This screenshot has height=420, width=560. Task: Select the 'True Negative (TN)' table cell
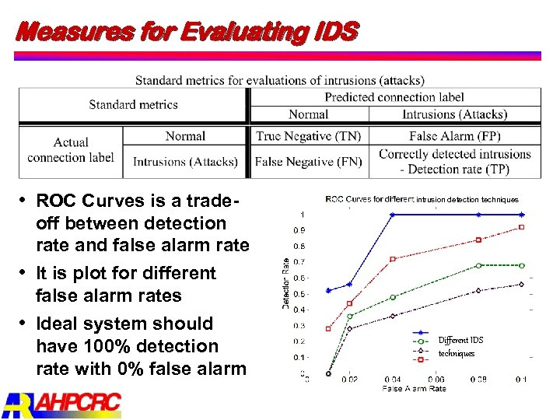(308, 136)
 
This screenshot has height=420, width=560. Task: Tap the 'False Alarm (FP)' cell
(454, 136)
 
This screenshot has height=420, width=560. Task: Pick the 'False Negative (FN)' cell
(308, 162)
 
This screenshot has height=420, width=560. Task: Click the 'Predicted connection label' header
(394, 97)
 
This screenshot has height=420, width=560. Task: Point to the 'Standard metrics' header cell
(133, 105)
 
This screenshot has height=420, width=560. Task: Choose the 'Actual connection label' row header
(71, 149)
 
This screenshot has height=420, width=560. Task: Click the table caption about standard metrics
(279, 80)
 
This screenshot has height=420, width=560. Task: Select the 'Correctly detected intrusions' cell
(454, 154)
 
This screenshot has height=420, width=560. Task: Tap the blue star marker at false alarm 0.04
(393, 214)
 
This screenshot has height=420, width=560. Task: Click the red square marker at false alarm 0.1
(522, 227)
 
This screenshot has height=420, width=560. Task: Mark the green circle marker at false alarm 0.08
(479, 265)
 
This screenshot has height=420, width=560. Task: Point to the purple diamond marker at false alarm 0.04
(393, 316)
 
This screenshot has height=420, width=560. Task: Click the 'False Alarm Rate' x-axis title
(414, 388)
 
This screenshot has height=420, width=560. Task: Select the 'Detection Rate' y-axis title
(286, 284)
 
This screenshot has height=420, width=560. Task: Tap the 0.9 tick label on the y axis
(299, 230)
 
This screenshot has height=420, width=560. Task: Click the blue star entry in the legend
(422, 332)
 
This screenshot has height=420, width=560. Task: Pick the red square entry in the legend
(422, 360)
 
